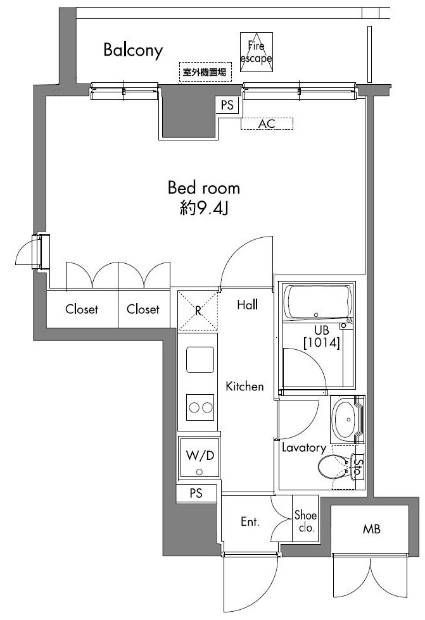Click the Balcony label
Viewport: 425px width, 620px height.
tap(134, 50)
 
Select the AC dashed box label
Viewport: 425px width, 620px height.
tap(267, 124)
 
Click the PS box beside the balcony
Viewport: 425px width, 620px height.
tap(227, 106)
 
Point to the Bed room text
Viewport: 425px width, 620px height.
tap(204, 188)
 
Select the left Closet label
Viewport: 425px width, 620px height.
tap(82, 309)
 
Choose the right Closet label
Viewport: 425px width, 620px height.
tap(143, 309)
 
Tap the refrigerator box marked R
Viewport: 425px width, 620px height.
tap(198, 310)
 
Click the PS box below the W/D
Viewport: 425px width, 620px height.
tap(196, 494)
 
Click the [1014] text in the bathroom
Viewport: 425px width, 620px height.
tap(322, 344)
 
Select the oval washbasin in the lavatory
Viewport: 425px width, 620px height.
tap(346, 419)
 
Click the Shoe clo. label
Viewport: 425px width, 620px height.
tap(305, 522)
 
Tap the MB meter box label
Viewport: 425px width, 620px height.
tap(372, 529)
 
